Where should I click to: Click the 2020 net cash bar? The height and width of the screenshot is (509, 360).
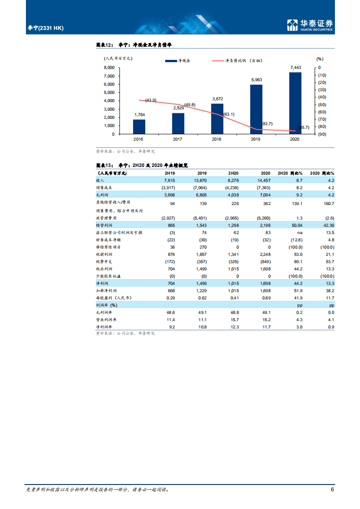click(295, 103)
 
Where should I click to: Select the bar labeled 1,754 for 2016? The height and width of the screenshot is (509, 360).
click(139, 127)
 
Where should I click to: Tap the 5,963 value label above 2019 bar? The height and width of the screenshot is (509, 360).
click(256, 80)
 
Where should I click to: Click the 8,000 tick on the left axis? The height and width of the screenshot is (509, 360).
click(109, 67)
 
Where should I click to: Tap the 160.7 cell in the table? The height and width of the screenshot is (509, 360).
click(328, 203)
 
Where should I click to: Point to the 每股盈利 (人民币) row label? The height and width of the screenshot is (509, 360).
click(113, 298)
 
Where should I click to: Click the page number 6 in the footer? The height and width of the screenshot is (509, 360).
click(332, 489)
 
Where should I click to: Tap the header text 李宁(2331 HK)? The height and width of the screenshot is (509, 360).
click(46, 28)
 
